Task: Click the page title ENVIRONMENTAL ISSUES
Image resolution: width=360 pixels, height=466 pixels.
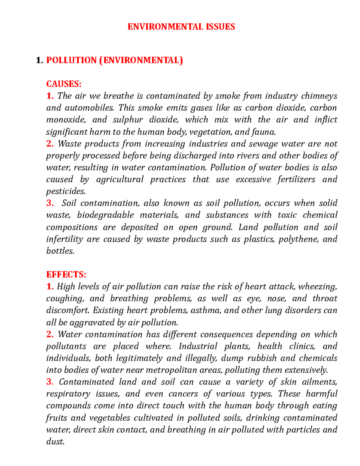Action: coord(181,27)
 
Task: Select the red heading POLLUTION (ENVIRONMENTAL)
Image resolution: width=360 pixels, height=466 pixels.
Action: coord(114,60)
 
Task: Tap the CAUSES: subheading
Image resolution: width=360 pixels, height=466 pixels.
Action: coord(64,84)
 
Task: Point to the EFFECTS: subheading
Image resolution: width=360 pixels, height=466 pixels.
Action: coord(66,275)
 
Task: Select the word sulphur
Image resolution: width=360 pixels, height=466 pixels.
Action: coord(128,120)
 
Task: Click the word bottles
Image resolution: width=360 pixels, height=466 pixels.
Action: coord(60,251)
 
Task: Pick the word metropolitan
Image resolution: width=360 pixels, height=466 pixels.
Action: coord(172,370)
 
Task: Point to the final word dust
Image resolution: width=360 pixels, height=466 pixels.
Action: coord(55,441)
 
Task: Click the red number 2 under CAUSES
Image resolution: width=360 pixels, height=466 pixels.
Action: coord(50,144)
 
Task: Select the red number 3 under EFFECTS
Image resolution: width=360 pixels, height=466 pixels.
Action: coord(50,382)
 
